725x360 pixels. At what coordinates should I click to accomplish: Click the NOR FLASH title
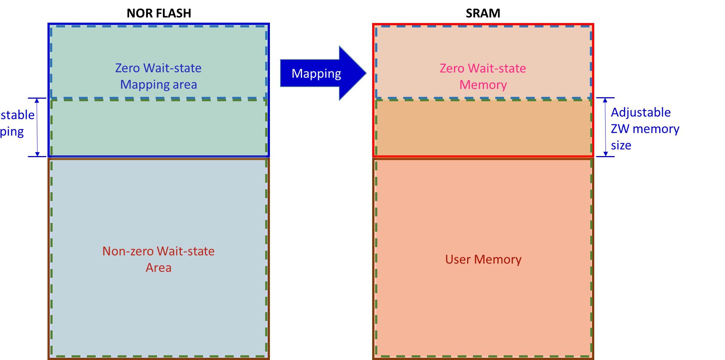tap(159, 13)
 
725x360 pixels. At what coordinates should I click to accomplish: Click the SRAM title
tap(483, 13)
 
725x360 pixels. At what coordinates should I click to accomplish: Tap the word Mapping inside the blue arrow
tap(316, 73)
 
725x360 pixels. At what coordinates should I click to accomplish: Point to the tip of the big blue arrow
tap(365, 73)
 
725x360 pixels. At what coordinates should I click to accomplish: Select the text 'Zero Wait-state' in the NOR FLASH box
tap(158, 68)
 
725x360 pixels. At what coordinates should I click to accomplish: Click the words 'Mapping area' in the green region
tap(159, 84)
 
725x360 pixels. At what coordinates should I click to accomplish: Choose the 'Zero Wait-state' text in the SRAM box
tap(483, 68)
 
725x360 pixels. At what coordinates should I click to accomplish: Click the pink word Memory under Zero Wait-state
tap(483, 85)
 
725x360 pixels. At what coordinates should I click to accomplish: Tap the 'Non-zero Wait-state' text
tap(158, 251)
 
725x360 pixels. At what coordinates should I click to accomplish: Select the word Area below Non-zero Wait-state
tap(158, 268)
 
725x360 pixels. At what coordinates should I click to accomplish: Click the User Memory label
tap(483, 259)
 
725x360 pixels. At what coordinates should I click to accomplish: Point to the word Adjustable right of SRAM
tap(641, 112)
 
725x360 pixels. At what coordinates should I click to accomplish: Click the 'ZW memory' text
tap(645, 129)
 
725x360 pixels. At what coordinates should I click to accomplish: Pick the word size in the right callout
tap(621, 145)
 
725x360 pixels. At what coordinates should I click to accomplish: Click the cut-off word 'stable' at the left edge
tap(17, 115)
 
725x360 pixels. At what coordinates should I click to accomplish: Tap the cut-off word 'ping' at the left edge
tap(12, 132)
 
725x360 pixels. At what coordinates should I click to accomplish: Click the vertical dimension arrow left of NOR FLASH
tap(37, 127)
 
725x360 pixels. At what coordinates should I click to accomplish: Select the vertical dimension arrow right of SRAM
tap(605, 127)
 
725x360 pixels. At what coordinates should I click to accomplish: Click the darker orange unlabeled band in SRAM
tap(483, 128)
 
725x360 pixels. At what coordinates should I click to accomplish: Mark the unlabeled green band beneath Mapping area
tap(159, 128)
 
